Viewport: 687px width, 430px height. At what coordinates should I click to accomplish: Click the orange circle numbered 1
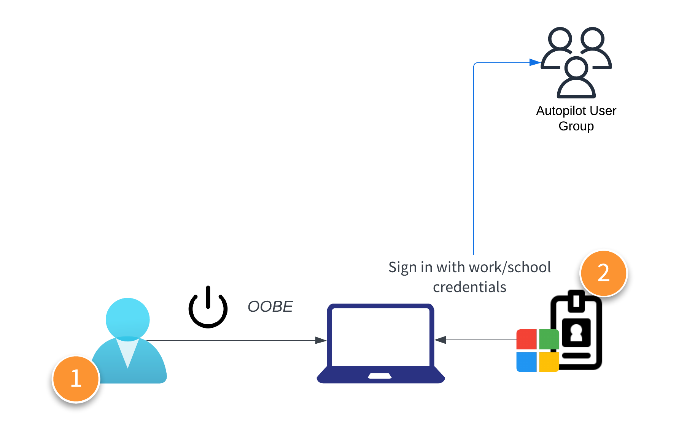click(x=76, y=379)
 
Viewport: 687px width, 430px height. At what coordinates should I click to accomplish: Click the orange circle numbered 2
click(x=603, y=273)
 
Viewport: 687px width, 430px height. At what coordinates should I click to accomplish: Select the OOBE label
click(x=270, y=306)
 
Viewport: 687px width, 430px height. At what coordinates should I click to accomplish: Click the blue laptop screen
click(x=380, y=336)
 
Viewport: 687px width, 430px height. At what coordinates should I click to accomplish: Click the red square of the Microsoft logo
click(x=526, y=339)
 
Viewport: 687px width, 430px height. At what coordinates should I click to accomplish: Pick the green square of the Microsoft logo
click(x=549, y=339)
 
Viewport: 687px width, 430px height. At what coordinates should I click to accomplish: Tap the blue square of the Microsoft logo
click(x=526, y=362)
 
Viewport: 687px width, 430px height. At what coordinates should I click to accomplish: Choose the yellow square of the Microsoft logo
click(x=549, y=362)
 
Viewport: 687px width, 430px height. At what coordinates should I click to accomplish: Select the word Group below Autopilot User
click(x=576, y=126)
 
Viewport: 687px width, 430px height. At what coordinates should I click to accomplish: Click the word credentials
click(x=469, y=287)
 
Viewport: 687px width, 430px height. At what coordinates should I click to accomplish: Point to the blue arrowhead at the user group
click(x=535, y=62)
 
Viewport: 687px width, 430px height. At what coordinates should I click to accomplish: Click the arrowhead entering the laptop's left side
click(x=321, y=340)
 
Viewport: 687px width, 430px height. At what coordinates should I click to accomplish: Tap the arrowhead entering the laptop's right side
click(x=441, y=340)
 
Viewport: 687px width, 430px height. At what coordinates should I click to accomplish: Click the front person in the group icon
click(x=576, y=78)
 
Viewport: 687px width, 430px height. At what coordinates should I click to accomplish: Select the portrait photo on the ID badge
click(x=576, y=332)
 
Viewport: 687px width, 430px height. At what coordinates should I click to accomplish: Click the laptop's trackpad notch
click(x=380, y=376)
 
